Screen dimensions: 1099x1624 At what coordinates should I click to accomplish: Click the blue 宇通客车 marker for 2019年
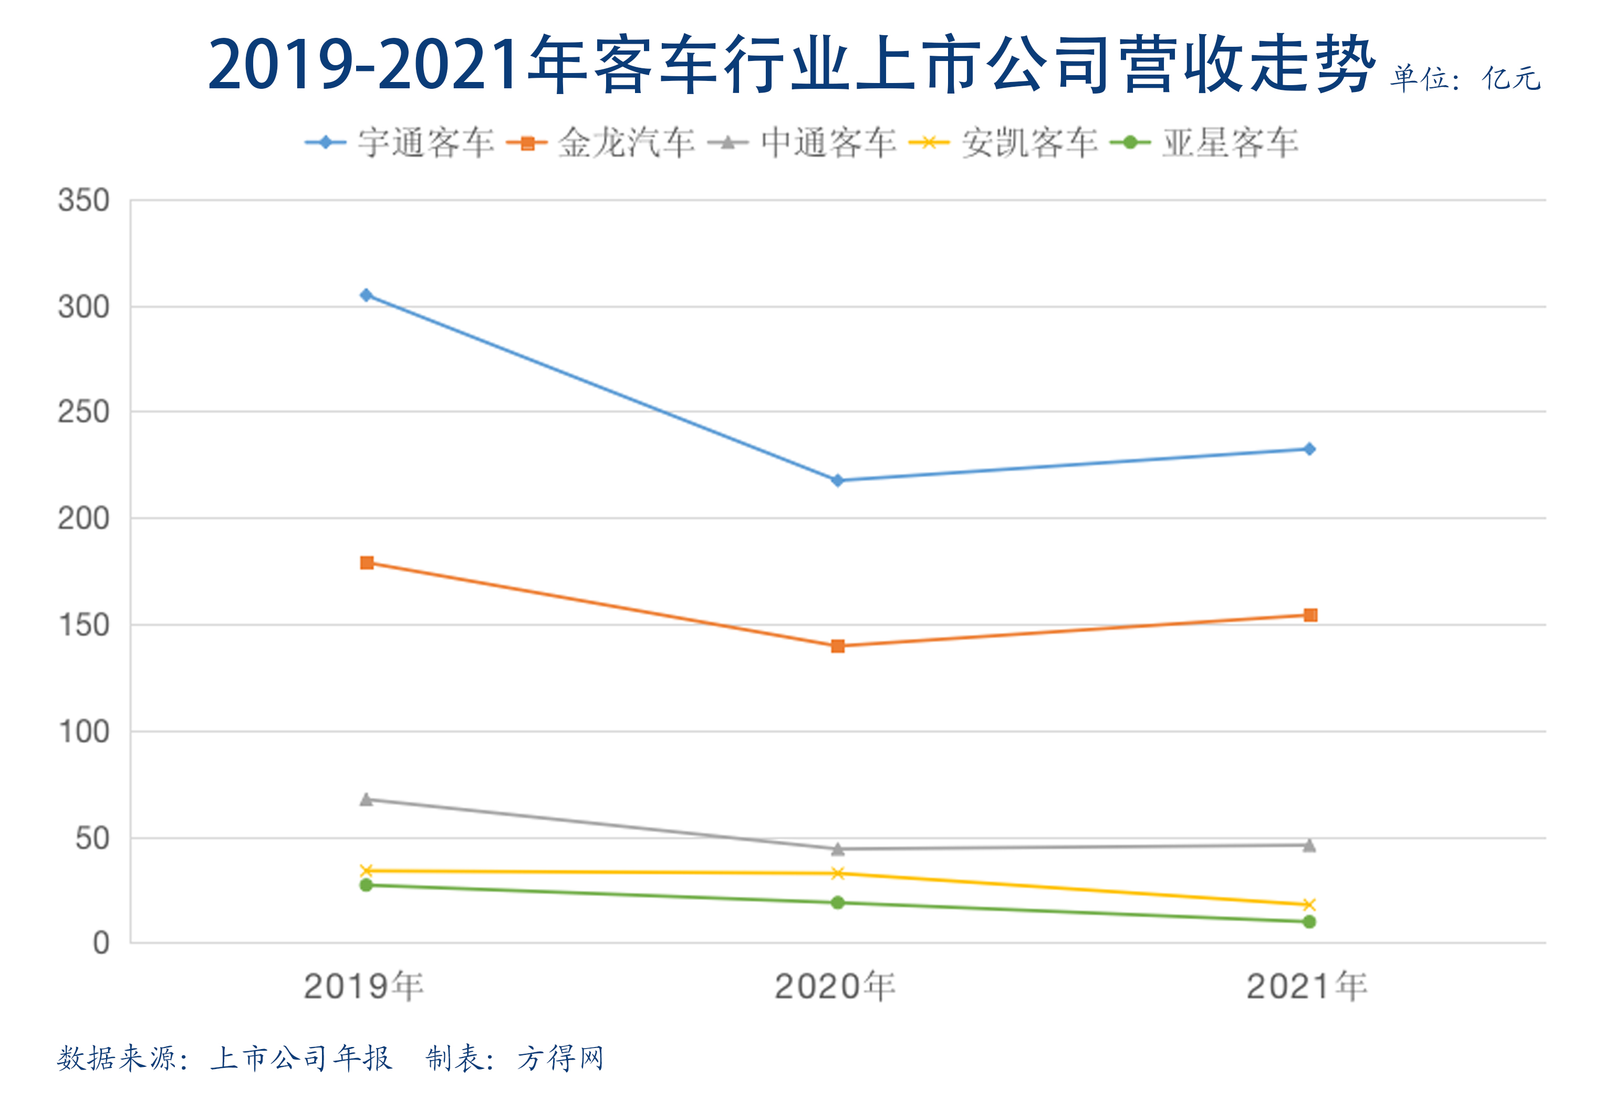point(366,295)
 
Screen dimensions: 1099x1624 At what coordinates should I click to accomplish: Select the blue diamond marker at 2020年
point(837,480)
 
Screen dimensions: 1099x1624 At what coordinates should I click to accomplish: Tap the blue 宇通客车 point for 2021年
point(1309,449)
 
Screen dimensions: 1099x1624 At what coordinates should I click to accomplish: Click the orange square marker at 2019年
point(366,563)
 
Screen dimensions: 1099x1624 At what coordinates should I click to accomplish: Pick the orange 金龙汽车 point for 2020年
point(837,646)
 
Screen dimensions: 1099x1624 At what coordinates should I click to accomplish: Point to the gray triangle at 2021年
point(1309,846)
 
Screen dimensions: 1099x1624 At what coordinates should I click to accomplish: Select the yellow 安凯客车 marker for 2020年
point(837,873)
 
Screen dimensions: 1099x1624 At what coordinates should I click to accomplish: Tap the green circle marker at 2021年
point(1309,922)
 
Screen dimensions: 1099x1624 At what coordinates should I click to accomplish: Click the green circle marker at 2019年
point(366,885)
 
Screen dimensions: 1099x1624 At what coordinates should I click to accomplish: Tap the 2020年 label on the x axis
point(835,987)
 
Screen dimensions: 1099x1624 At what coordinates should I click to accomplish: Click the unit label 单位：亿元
point(1465,78)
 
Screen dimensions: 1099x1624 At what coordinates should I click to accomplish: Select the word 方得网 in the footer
point(560,1059)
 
